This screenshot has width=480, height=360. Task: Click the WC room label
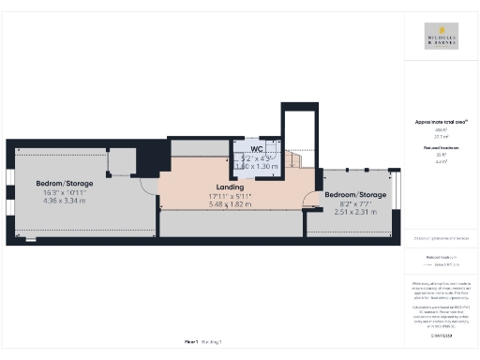coord(255,149)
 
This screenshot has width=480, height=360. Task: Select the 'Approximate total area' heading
coord(442,123)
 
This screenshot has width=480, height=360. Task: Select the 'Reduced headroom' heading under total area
coord(442,148)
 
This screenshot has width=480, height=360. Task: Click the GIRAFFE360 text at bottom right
coord(442,335)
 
